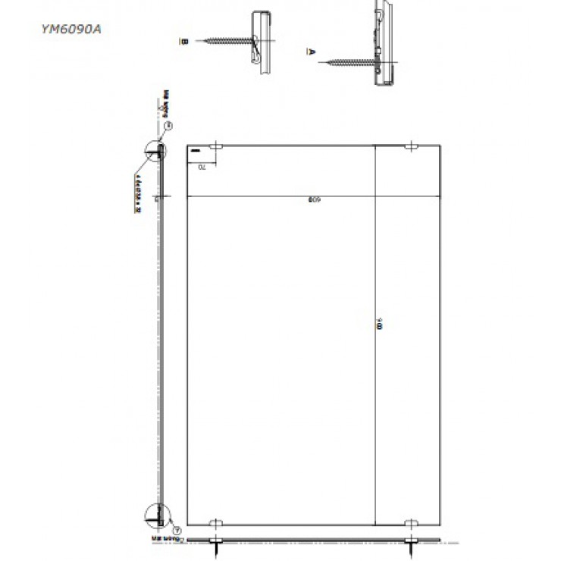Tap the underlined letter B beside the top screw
click(x=183, y=41)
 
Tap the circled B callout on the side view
click(x=169, y=126)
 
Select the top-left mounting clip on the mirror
click(x=216, y=146)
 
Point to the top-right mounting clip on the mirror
click(x=412, y=146)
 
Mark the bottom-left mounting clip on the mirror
click(x=216, y=522)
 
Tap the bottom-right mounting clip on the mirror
click(x=412, y=522)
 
